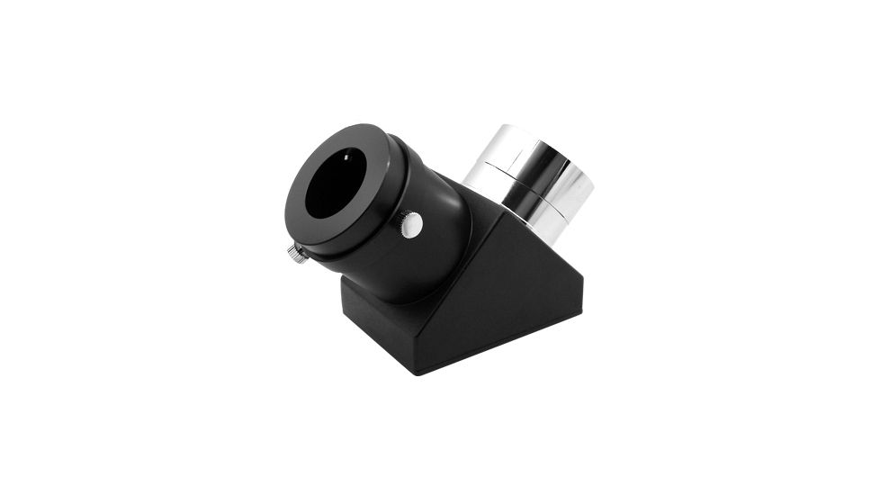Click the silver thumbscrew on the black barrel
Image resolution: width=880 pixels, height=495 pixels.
click(411, 225)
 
